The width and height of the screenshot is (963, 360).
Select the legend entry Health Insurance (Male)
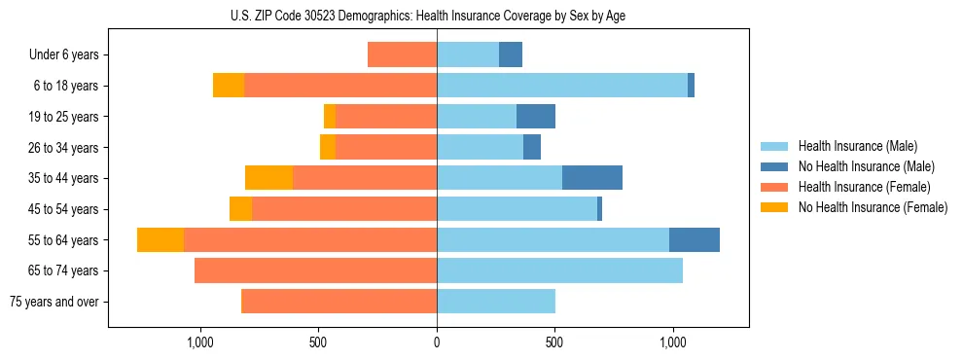(857, 146)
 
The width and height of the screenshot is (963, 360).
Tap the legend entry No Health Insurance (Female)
(873, 207)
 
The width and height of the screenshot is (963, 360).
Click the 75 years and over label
(54, 302)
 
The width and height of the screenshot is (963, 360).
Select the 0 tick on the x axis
(437, 343)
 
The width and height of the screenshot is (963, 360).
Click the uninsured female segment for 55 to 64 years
(160, 239)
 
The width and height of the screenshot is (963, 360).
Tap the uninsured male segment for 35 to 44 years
(591, 178)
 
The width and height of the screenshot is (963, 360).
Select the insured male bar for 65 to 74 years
(559, 270)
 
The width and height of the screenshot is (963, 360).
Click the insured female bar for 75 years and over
(339, 302)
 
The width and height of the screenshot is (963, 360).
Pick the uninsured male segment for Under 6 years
(511, 54)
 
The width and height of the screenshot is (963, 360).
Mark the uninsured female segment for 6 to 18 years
(229, 86)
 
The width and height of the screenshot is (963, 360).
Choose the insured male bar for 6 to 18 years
(562, 86)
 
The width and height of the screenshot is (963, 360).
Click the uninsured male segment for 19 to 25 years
(536, 117)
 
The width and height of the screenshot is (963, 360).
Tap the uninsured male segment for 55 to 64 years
(695, 239)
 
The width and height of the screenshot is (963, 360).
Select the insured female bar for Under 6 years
(402, 54)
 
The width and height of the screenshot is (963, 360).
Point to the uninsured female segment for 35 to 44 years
(268, 178)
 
